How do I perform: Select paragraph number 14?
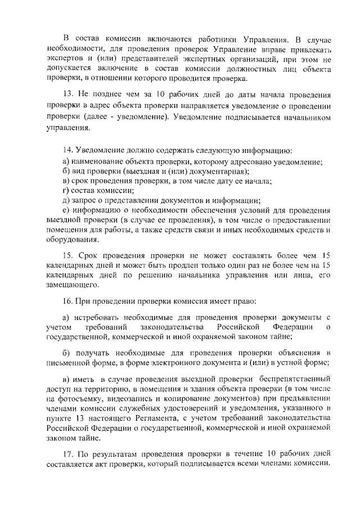point(68,150)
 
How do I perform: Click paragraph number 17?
point(68,454)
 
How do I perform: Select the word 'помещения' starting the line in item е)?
point(66,230)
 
